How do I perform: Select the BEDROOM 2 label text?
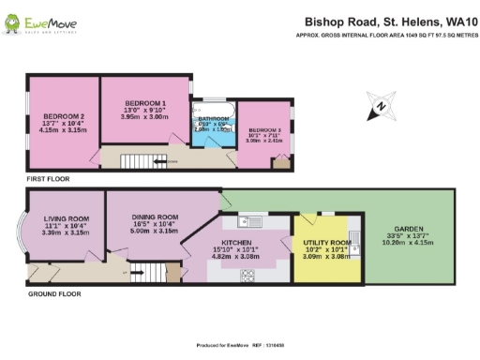click(x=63, y=116)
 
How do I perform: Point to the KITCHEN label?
click(x=235, y=241)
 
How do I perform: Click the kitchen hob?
click(x=250, y=276)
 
